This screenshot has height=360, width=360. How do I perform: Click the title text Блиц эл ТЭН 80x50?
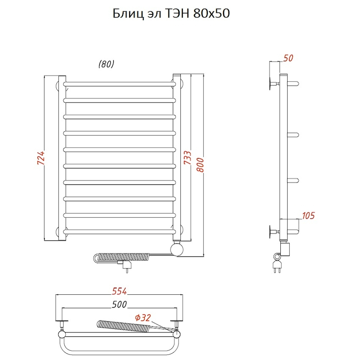tap(171, 14)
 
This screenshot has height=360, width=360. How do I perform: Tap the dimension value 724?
tap(41, 158)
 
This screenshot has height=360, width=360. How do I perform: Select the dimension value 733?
tap(188, 158)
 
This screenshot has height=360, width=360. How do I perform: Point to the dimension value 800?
tap(200, 165)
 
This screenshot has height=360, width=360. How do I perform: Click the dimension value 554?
tap(119, 291)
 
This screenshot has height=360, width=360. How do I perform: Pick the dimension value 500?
tap(119, 304)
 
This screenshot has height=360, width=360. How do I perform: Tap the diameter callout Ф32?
tap(143, 318)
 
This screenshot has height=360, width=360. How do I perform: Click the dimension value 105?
tap(308, 216)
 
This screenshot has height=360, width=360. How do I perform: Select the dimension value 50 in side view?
tap(288, 58)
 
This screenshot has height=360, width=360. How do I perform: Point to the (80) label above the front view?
tap(106, 64)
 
